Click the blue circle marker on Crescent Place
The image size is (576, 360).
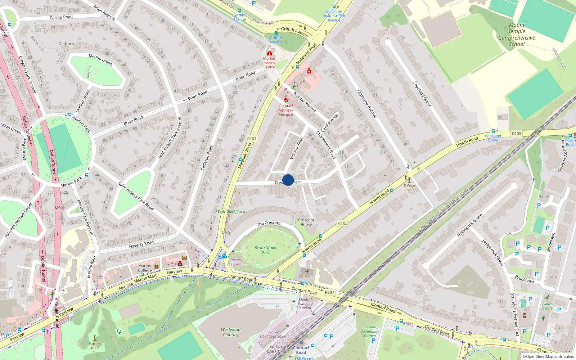(288, 180)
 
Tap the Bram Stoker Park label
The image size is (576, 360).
(266, 250)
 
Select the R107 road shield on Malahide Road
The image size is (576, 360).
(252, 139)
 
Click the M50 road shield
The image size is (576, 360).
(59, 208)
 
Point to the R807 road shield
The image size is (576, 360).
(329, 292)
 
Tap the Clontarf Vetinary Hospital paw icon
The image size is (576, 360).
(286, 100)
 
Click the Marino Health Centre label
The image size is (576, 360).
(269, 63)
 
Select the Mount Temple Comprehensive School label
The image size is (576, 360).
(517, 35)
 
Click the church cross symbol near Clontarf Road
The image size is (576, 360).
(307, 272)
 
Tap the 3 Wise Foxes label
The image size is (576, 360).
(409, 188)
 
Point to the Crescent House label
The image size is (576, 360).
(306, 222)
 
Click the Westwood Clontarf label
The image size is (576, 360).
(231, 332)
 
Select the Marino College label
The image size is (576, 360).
(145, 268)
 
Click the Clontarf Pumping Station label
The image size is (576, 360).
(305, 303)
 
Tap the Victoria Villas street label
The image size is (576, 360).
(296, 148)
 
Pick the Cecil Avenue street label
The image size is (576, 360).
(329, 123)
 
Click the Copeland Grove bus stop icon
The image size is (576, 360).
(493, 131)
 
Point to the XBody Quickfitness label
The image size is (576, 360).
(230, 212)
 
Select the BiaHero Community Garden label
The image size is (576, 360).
(370, 331)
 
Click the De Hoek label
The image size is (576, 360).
(67, 44)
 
